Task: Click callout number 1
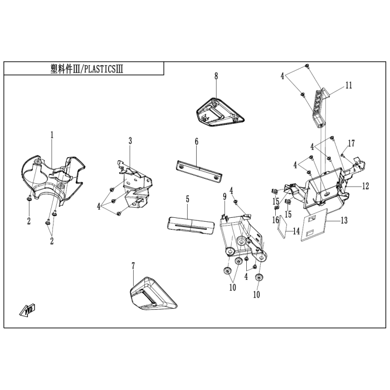52,135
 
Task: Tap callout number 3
130,142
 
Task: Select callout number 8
216,76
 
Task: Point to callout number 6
197,143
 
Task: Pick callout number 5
188,199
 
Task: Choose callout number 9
225,196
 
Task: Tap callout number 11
349,86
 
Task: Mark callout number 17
352,143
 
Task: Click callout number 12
365,186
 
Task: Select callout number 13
344,221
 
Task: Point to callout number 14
296,230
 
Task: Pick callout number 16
275,220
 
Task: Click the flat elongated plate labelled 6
198,169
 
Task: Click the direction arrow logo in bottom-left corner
28,309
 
